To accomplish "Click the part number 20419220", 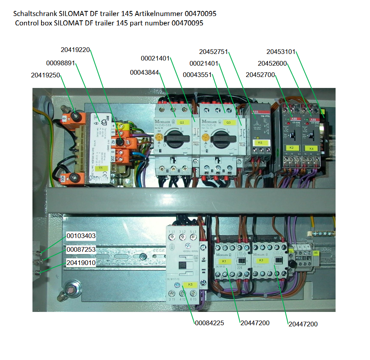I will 75,50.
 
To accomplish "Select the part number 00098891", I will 60,63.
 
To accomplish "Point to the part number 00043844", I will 144,72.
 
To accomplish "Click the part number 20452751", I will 213,51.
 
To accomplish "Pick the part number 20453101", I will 281,51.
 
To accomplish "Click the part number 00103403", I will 81,236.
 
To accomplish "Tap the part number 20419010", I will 81,263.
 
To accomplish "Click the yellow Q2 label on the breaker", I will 181,122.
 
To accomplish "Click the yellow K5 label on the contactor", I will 190,284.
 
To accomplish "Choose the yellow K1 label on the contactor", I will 224,261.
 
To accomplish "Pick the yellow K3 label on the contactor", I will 261,261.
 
